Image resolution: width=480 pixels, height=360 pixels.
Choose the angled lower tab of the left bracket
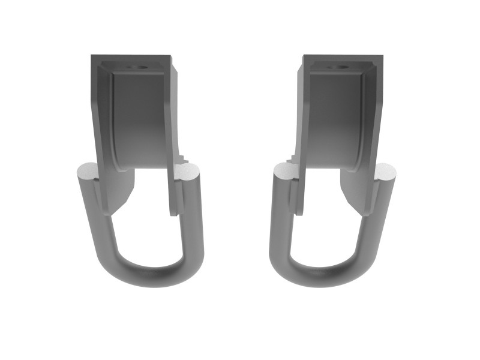118,192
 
